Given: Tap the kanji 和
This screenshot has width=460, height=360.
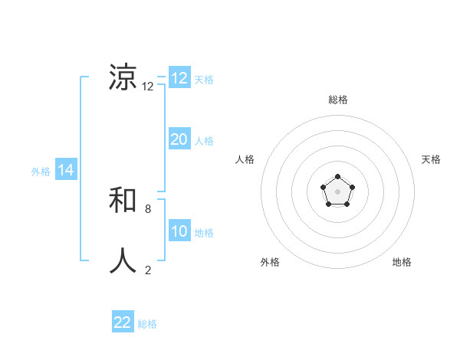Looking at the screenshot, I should pos(123,201).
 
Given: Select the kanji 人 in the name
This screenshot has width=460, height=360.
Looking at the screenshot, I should pos(123,260).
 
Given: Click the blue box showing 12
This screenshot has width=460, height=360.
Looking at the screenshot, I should pos(179,78).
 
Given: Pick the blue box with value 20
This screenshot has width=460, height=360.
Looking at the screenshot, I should pos(179,139).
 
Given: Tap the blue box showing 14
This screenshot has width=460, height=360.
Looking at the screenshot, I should pos(66,171).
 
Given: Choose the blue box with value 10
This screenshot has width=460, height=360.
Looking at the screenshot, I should pos(179,231).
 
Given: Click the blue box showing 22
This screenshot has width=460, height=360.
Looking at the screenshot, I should pos(123,322).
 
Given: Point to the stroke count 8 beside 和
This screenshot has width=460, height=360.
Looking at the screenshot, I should pos(148,208).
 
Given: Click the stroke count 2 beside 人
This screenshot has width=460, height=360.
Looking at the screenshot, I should pos(148,270).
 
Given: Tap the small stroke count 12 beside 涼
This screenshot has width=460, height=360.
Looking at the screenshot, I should pos(148,87).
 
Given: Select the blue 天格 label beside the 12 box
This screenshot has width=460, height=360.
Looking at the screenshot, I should pos(204,80).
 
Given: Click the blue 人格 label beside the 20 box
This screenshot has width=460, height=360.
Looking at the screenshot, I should pos(204,141).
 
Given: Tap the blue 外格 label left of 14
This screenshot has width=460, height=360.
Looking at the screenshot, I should pos(41,172).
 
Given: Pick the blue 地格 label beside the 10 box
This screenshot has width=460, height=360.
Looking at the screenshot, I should pos(204,233).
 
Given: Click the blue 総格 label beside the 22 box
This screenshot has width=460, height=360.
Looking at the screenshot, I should pos(147,324).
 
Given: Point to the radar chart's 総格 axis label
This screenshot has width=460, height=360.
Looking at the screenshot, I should pos(337,100).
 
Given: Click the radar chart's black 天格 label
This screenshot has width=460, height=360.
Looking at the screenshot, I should pos(431,159).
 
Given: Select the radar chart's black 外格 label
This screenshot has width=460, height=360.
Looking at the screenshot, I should pos(270,262).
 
